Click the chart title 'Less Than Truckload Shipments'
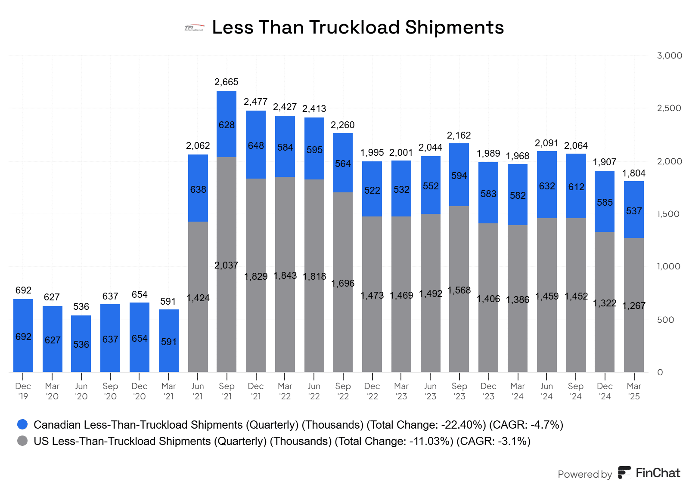tap(358, 28)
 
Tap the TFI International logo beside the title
tap(194, 28)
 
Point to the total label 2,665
tap(227, 82)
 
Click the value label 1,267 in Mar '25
tap(634, 306)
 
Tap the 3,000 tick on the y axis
tap(670, 56)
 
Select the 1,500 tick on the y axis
tap(668, 214)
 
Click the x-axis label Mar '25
tap(634, 391)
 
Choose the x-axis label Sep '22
tap(343, 391)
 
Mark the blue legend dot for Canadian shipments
tap(22, 424)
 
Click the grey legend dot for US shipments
tap(22, 441)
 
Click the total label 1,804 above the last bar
tap(634, 173)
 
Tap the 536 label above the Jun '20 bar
tap(81, 306)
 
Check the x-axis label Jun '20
tap(81, 391)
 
